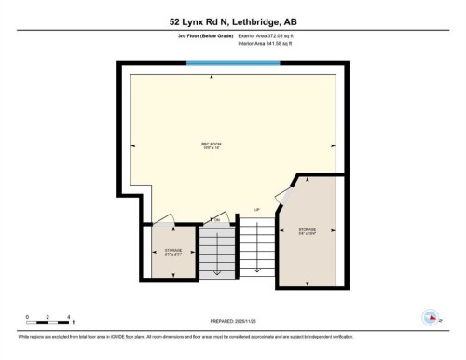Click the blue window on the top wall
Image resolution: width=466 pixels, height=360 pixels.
click(x=230, y=63)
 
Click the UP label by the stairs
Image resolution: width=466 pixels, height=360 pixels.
click(x=256, y=209)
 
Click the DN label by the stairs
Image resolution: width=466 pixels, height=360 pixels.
click(x=217, y=219)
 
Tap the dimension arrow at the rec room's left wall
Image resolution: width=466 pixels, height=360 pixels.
click(x=133, y=145)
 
